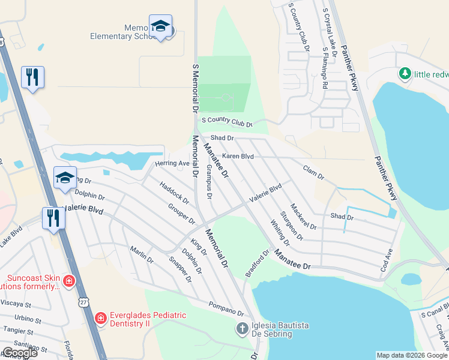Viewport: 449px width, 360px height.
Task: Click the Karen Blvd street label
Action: click(238, 156)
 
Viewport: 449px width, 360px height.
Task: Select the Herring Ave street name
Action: click(172, 163)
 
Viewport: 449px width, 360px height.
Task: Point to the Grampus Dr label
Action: click(209, 182)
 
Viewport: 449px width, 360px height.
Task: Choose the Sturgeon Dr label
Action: click(291, 226)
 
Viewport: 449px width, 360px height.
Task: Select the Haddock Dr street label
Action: click(174, 192)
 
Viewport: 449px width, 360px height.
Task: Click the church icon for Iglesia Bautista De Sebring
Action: click(242, 328)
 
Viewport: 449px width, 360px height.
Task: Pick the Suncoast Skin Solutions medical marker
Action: click(70, 280)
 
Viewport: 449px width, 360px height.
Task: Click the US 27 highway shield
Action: click(82, 300)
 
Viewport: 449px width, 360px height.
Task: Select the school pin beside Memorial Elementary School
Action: click(160, 26)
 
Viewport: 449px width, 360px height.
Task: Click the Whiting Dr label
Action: click(280, 233)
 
